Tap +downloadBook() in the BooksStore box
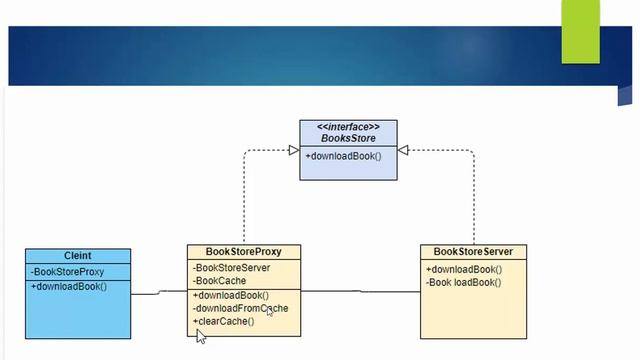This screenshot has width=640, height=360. click(344, 156)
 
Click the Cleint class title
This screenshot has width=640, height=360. click(77, 256)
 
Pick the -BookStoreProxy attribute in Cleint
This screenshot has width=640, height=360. click(67, 271)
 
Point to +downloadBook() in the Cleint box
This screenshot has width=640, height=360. click(69, 286)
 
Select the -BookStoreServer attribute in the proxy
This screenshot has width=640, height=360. click(231, 267)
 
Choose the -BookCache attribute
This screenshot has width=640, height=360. click(219, 281)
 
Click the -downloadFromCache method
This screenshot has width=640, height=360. click(240, 308)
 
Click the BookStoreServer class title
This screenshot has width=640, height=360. click(473, 251)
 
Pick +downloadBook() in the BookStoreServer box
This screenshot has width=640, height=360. click(464, 269)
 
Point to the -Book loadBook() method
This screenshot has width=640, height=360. click(463, 282)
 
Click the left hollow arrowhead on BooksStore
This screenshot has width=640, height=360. click(294, 150)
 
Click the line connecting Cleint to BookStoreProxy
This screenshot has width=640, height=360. click(158, 293)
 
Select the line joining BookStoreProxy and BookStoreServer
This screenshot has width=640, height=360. click(360, 292)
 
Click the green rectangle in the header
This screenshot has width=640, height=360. click(582, 31)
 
